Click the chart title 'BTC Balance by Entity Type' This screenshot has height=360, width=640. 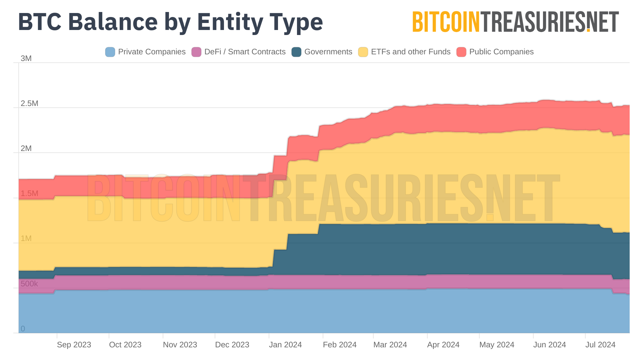click(x=170, y=22)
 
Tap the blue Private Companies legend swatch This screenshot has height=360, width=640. click(x=110, y=52)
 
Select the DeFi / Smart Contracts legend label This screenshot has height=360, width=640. click(x=245, y=52)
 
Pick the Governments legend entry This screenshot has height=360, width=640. click(x=328, y=52)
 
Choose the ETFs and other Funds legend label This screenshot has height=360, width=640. click(x=410, y=52)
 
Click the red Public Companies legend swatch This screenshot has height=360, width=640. click(x=461, y=52)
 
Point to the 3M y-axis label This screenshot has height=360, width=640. click(x=26, y=59)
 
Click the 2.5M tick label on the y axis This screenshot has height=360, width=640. click(x=29, y=104)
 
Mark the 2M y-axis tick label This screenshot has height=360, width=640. click(x=26, y=149)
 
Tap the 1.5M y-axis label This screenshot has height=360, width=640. click(x=29, y=194)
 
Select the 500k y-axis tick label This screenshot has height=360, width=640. click(x=29, y=284)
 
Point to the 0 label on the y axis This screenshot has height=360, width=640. click(x=23, y=329)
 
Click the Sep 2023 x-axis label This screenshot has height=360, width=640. click(x=74, y=345)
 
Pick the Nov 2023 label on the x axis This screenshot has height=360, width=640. click(x=180, y=345)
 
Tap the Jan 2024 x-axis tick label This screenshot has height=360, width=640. click(x=285, y=345)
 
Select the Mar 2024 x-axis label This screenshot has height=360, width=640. click(x=390, y=345)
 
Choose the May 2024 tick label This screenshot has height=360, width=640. click(x=497, y=345)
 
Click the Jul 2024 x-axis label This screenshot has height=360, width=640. click(x=600, y=345)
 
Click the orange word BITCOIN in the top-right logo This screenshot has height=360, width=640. click(x=446, y=22)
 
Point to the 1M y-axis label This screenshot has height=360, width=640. click(x=26, y=239)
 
